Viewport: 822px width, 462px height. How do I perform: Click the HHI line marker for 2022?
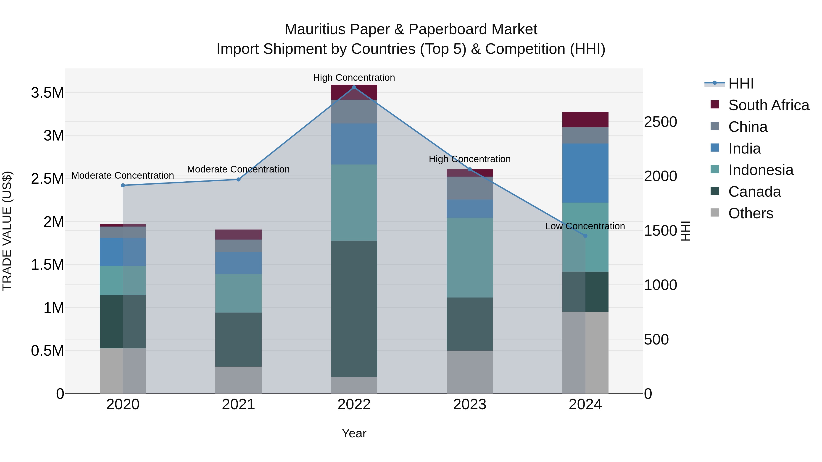coord(354,87)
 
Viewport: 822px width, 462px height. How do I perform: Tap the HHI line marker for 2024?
coord(585,236)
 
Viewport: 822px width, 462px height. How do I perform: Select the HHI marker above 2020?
coord(123,185)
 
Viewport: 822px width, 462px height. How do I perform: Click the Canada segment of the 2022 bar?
coord(354,309)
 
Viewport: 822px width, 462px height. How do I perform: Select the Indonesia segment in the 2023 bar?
coord(469,257)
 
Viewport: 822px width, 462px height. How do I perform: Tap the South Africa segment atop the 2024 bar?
coord(585,120)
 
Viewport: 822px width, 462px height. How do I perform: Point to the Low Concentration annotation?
coord(585,226)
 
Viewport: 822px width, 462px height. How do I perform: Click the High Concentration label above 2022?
coord(354,78)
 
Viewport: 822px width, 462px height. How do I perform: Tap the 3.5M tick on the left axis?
coord(47,93)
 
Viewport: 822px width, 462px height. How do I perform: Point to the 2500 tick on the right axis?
coord(660,122)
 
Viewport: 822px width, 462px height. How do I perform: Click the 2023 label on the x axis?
coord(469,405)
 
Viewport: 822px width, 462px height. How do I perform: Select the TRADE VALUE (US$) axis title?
coord(7,231)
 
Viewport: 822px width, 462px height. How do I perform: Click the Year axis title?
coord(354,433)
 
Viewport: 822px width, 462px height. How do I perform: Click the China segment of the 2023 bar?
coord(469,188)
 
